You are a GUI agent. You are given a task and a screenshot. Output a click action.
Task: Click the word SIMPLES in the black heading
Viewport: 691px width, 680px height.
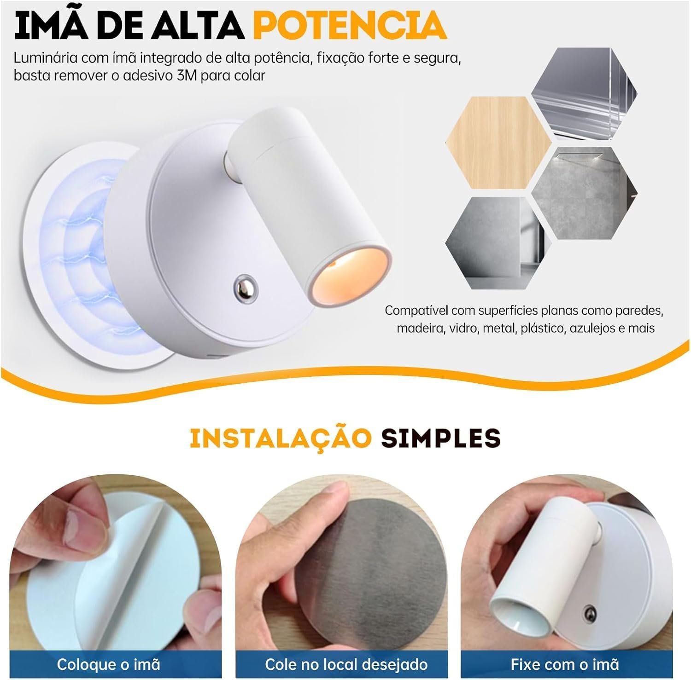pyautogui.click(x=440, y=438)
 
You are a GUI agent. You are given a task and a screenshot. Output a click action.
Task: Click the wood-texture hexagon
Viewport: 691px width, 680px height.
pyautogui.click(x=498, y=143)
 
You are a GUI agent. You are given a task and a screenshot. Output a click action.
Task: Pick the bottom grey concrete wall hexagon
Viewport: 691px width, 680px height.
pyautogui.click(x=499, y=243)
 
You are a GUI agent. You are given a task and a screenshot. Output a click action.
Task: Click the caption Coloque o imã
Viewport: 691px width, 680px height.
pyautogui.click(x=109, y=664)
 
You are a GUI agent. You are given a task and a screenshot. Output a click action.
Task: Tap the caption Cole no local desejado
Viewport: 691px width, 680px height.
pyautogui.click(x=346, y=664)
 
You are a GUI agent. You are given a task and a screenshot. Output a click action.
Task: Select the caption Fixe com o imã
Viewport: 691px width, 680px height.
pyautogui.click(x=565, y=664)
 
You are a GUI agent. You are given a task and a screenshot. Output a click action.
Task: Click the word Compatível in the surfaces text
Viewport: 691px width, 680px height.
pyautogui.click(x=417, y=311)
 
